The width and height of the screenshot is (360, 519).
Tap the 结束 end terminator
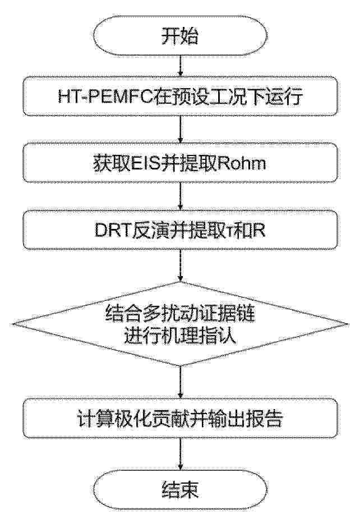(x=180, y=489)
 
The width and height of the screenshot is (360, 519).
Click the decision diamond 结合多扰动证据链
(x=180, y=324)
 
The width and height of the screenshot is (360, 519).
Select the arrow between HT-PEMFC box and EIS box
(x=181, y=130)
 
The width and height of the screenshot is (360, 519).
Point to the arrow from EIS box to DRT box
(x=181, y=196)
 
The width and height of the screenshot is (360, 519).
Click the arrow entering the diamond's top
(x=181, y=265)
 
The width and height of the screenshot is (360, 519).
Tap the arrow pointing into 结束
(x=181, y=454)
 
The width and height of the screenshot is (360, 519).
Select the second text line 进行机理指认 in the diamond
(x=181, y=337)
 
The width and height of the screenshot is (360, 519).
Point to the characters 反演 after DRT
(x=150, y=231)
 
